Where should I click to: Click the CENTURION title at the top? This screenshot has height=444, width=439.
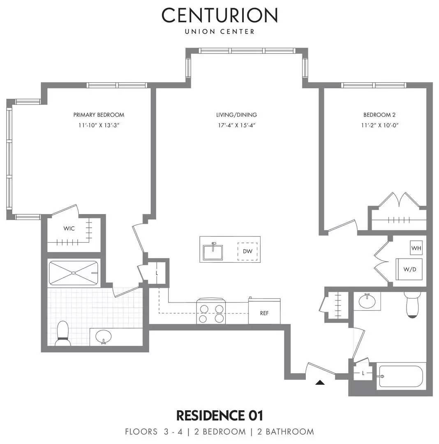219,15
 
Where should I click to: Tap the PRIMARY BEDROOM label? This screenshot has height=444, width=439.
99,115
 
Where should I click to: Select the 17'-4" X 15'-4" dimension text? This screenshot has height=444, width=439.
236,125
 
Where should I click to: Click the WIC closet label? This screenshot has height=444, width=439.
69,229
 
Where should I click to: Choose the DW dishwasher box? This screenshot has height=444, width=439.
247,251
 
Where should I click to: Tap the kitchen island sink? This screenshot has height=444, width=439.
213,251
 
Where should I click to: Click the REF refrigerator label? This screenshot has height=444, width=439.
264,313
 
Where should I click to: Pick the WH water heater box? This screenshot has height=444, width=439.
416,248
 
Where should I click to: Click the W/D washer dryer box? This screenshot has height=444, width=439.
409,270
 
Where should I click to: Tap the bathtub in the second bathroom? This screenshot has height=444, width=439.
401,376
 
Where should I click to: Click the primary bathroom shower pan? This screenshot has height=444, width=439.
74,273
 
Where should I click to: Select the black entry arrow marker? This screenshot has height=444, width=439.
320,382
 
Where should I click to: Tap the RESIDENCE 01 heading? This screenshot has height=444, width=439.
219,415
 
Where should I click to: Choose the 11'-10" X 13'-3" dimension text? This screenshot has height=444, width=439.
99,125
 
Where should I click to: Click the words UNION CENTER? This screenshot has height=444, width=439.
219,32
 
